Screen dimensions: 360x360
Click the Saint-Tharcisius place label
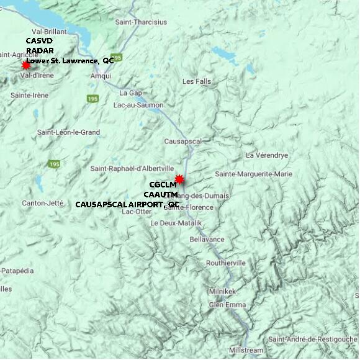pyautogui.click(x=141, y=22)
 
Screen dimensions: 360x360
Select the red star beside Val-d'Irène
pyautogui.click(x=25, y=65)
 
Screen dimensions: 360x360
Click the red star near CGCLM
pyautogui.click(x=179, y=179)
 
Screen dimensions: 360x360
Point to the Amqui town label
pyautogui.click(x=101, y=76)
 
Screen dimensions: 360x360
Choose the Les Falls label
pyautogui.click(x=197, y=81)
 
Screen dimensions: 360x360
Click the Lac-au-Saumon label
pyautogui.click(x=138, y=105)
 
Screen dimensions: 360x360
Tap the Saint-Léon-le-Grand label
pyautogui.click(x=68, y=132)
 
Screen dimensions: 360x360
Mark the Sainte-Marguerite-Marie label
pyautogui.click(x=253, y=174)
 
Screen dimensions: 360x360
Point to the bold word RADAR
pyautogui.click(x=40, y=51)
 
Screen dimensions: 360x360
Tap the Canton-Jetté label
pyautogui.click(x=43, y=203)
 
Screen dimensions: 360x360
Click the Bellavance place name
pyautogui.click(x=207, y=239)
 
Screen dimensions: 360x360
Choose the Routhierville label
pyautogui.click(x=226, y=263)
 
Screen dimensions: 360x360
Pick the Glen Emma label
pyautogui.click(x=227, y=305)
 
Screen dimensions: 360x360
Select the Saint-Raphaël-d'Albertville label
pyautogui.click(x=132, y=168)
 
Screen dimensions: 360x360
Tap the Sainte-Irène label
pyautogui.click(x=30, y=95)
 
